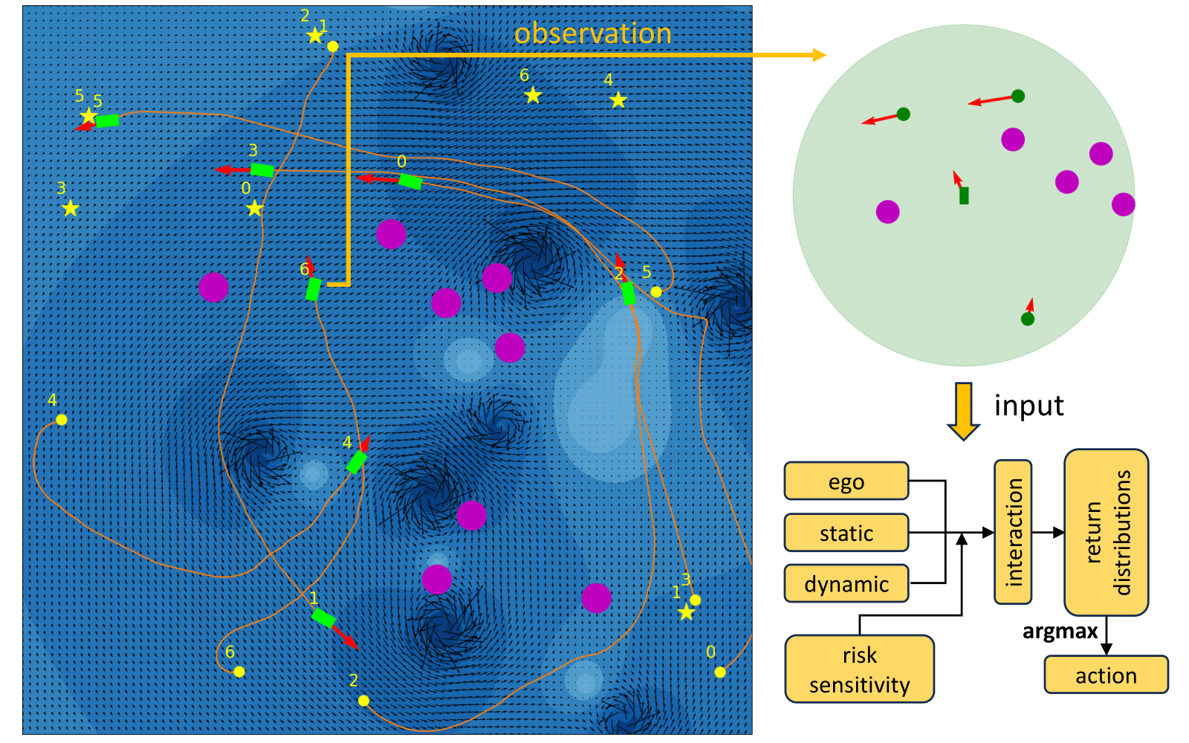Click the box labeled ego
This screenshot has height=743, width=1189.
tap(846, 481)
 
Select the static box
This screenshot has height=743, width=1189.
tap(846, 533)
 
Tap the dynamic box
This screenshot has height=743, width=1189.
tap(846, 584)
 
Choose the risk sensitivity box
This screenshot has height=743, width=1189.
tap(859, 669)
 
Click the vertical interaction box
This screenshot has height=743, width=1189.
tap(1013, 531)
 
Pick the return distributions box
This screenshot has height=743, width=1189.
tap(1106, 532)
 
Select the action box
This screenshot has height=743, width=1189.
tap(1106, 675)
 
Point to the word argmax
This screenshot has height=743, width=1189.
tap(1060, 632)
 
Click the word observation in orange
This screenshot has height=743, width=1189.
tap(592, 33)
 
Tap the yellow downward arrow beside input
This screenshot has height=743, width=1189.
tap(963, 410)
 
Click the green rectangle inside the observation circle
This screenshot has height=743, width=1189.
tap(964, 195)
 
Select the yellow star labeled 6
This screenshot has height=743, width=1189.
tap(533, 95)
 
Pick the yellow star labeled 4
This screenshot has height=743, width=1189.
tap(618, 100)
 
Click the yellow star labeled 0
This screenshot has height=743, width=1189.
tap(255, 208)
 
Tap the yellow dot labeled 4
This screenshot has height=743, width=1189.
tap(62, 420)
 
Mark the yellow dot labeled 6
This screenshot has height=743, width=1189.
tap(239, 672)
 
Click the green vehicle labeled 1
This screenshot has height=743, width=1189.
tap(323, 617)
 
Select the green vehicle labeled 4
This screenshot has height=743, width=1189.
tap(357, 461)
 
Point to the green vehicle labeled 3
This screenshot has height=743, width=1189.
tap(262, 170)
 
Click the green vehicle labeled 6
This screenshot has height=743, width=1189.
tap(314, 289)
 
